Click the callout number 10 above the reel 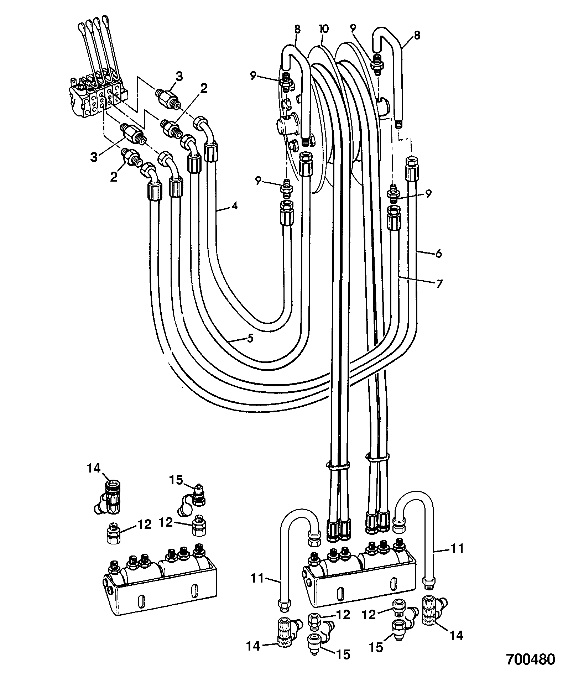[324, 29]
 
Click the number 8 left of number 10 [298, 29]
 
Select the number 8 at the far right [417, 35]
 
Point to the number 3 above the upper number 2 [179, 76]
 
